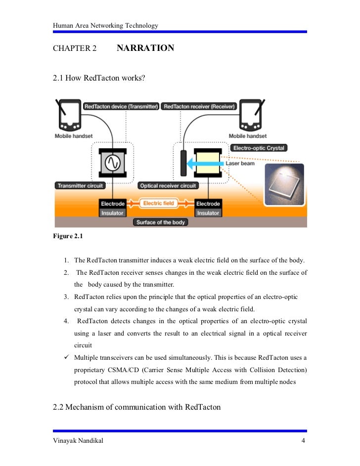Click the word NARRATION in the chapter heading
point(145,48)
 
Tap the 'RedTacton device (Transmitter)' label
point(121,106)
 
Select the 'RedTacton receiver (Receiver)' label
point(199,106)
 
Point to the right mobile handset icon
point(250,115)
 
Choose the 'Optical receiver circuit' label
point(169,186)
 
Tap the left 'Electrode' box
point(112,204)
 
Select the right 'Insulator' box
point(208,213)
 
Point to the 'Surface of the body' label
point(161,222)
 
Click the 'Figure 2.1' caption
point(68,236)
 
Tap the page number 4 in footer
point(303,441)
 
